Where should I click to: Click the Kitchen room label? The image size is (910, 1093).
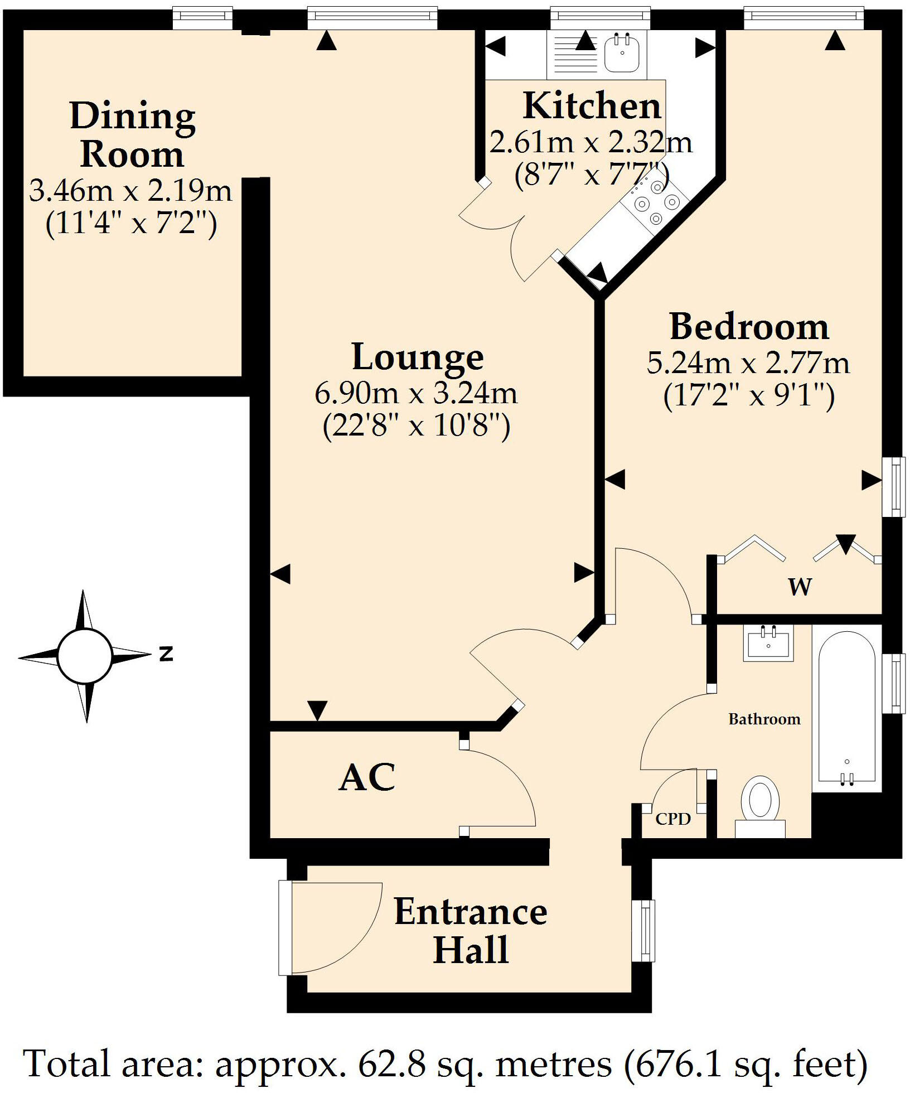point(592,106)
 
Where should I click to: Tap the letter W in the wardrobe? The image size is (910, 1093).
point(800,587)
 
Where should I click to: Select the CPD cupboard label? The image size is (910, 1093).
point(673,819)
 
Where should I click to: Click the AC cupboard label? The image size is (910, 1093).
point(367,778)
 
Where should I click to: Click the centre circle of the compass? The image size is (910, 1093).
point(85,656)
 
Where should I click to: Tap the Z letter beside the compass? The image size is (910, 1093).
point(166,654)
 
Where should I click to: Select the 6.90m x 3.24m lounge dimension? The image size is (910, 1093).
point(416,394)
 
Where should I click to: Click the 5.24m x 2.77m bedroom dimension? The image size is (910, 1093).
point(748,364)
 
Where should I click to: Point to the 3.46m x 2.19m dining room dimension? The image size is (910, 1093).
point(130,191)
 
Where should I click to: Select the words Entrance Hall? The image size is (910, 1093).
point(471,931)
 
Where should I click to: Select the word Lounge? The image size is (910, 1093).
point(418,357)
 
